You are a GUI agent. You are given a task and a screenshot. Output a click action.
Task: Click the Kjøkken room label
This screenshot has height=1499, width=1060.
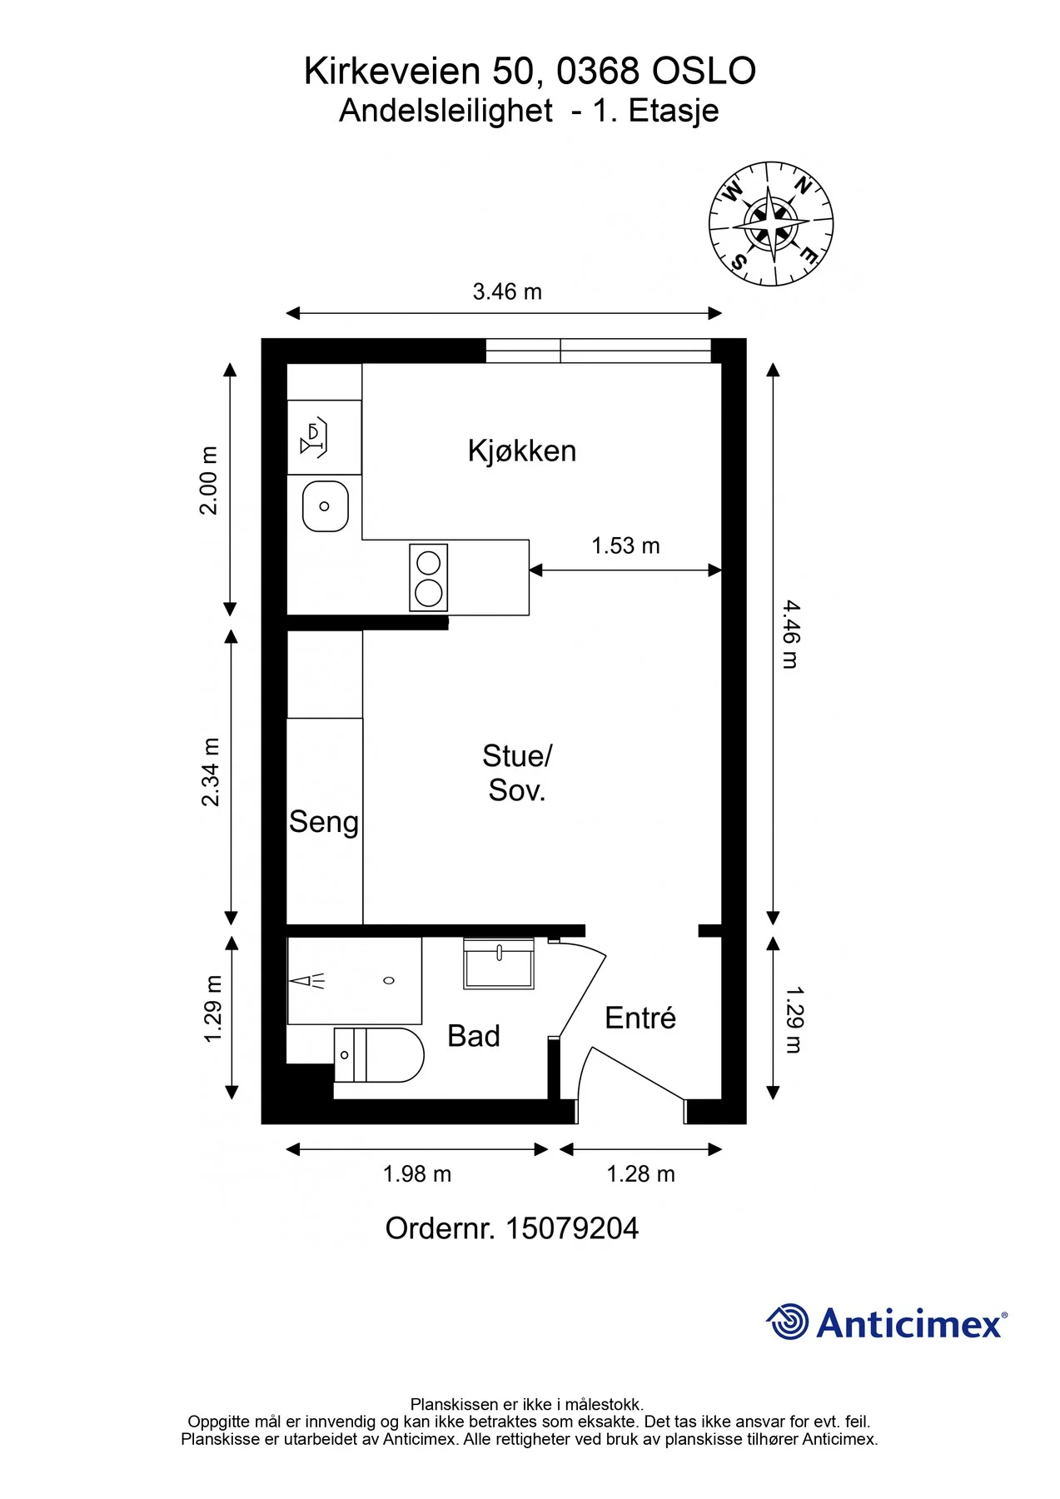tap(522, 451)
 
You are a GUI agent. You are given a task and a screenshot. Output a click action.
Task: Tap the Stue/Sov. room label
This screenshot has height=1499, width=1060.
tap(517, 773)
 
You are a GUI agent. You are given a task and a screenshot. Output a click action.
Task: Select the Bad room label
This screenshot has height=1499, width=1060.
tap(474, 1036)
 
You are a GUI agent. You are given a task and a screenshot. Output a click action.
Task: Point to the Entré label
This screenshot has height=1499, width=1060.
tap(640, 1018)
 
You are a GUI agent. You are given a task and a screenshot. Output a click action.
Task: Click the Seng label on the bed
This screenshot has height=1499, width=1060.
tap(324, 823)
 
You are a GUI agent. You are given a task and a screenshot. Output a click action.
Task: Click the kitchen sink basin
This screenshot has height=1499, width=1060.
tap(326, 506)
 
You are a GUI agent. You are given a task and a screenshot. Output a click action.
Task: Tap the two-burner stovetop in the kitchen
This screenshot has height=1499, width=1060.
tap(429, 578)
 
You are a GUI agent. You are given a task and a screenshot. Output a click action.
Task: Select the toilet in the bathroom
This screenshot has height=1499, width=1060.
tap(379, 1055)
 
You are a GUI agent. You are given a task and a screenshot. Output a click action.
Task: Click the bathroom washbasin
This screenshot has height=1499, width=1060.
tap(499, 964)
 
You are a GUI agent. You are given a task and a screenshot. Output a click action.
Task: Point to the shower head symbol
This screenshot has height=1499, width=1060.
tap(306, 981)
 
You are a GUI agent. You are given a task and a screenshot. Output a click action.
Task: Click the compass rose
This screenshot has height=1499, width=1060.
tap(771, 224)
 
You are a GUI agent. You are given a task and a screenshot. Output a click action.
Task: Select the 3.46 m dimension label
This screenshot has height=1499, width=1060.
tap(507, 291)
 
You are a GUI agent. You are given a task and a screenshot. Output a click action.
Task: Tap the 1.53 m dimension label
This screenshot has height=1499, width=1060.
tap(625, 545)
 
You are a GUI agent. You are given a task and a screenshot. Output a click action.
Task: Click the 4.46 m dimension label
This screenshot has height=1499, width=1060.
tap(790, 635)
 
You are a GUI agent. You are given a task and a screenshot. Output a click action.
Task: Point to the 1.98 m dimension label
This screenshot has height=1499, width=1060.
tap(417, 1174)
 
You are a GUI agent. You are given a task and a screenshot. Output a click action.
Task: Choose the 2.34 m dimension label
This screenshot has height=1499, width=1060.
tap(211, 772)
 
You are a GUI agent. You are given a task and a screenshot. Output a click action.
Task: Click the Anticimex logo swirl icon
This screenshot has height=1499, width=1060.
tap(787, 1322)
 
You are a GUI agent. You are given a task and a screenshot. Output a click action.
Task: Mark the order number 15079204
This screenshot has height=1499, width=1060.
tap(572, 1228)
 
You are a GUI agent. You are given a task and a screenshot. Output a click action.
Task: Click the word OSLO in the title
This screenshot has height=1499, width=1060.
tap(704, 72)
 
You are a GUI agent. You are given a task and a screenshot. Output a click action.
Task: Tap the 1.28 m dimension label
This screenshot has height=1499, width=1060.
tap(640, 1174)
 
